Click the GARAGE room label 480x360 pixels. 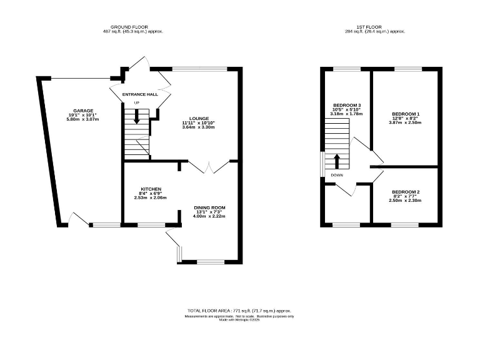[x=79, y=111]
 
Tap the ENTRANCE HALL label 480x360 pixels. [x=139, y=94]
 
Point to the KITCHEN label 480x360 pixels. [x=151, y=189]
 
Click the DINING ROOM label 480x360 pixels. [x=209, y=207]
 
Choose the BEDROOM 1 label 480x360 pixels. [x=405, y=114]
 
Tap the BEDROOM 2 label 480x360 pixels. [x=405, y=191]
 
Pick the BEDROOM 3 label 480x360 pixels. [x=347, y=105]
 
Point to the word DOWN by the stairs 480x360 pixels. [x=336, y=176]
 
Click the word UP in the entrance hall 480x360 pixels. [x=136, y=102]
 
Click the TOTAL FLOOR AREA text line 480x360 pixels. [x=239, y=311]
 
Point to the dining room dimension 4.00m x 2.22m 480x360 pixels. [x=209, y=217]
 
